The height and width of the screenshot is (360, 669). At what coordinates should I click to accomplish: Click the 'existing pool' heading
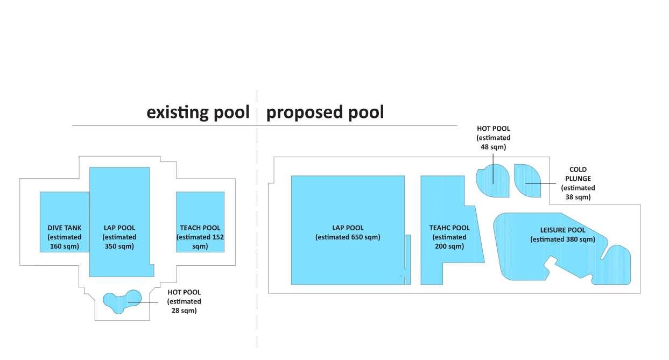(198, 112)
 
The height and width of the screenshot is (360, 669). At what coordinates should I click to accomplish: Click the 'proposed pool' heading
(325, 112)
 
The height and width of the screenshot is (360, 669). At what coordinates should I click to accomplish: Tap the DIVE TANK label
(65, 228)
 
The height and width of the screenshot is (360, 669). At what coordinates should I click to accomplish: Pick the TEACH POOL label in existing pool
(200, 228)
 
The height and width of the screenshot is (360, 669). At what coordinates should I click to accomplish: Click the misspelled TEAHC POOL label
(449, 228)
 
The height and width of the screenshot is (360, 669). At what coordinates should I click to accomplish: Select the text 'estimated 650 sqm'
(348, 237)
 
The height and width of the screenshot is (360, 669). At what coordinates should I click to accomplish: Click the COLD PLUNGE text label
(578, 174)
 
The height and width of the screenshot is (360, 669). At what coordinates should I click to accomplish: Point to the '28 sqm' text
(184, 310)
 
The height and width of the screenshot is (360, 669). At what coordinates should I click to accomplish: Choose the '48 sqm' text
(494, 146)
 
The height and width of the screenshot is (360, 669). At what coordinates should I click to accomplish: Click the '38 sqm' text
(578, 197)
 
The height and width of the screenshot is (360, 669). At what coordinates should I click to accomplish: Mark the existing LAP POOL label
(119, 228)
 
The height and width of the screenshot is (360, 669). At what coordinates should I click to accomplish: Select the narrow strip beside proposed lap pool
(408, 258)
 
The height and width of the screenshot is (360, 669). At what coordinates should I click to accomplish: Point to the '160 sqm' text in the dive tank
(65, 246)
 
